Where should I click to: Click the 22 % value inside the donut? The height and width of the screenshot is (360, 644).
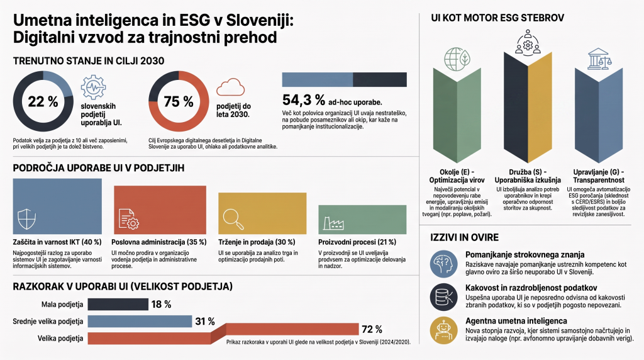tap(43, 101)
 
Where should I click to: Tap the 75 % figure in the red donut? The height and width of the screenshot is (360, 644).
tap(179, 101)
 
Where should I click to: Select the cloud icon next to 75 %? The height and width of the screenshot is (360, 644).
tap(230, 87)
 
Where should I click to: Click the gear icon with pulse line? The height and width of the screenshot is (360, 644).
tap(93, 87)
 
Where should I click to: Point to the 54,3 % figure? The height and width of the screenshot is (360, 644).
tap(304, 100)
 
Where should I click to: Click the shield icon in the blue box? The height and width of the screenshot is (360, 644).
tap(27, 218)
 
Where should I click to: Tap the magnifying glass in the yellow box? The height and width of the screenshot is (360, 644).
tap(233, 219)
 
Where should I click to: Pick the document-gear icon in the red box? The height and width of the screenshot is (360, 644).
tap(128, 218)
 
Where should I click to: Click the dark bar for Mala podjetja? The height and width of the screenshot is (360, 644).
tap(118, 304)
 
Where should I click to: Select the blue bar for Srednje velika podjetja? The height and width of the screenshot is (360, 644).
tap(140, 322)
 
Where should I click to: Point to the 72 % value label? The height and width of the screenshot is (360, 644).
tap(372, 329)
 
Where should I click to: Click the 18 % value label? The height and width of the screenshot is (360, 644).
tap(161, 305)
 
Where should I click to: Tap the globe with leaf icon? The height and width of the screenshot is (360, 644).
tap(457, 59)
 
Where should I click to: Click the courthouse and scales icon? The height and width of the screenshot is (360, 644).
tap(599, 59)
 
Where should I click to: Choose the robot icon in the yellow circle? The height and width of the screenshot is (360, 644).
tap(443, 330)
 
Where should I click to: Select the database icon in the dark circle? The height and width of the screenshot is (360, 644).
tap(443, 296)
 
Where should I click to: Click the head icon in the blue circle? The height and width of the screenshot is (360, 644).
tap(443, 264)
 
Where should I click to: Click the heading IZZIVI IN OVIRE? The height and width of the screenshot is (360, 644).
tap(464, 237)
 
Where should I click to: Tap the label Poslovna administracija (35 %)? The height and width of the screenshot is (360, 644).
tap(159, 242)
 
